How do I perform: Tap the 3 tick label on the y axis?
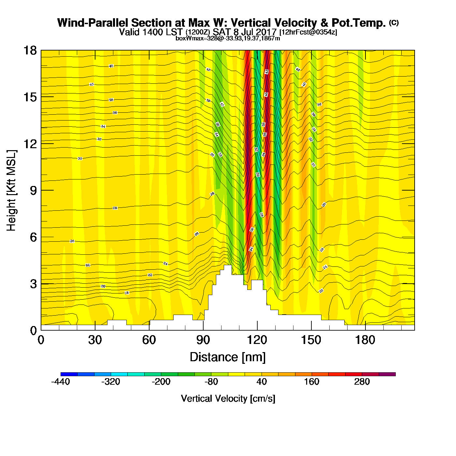click(33, 284)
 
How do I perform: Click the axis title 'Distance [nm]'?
click(228, 357)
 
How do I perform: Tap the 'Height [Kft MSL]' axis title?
click(11, 191)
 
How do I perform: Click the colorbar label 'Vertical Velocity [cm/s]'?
click(228, 398)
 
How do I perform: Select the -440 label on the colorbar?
click(61, 382)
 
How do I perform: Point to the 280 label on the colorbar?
click(362, 382)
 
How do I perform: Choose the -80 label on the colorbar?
click(211, 382)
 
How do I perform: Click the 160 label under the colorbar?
click(312, 382)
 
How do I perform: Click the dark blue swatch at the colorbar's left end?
click(69, 374)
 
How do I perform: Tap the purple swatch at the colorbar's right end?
click(387, 374)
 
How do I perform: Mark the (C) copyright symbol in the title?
click(394, 22)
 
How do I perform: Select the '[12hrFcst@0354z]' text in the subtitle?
click(308, 32)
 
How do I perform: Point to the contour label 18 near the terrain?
click(127, 293)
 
